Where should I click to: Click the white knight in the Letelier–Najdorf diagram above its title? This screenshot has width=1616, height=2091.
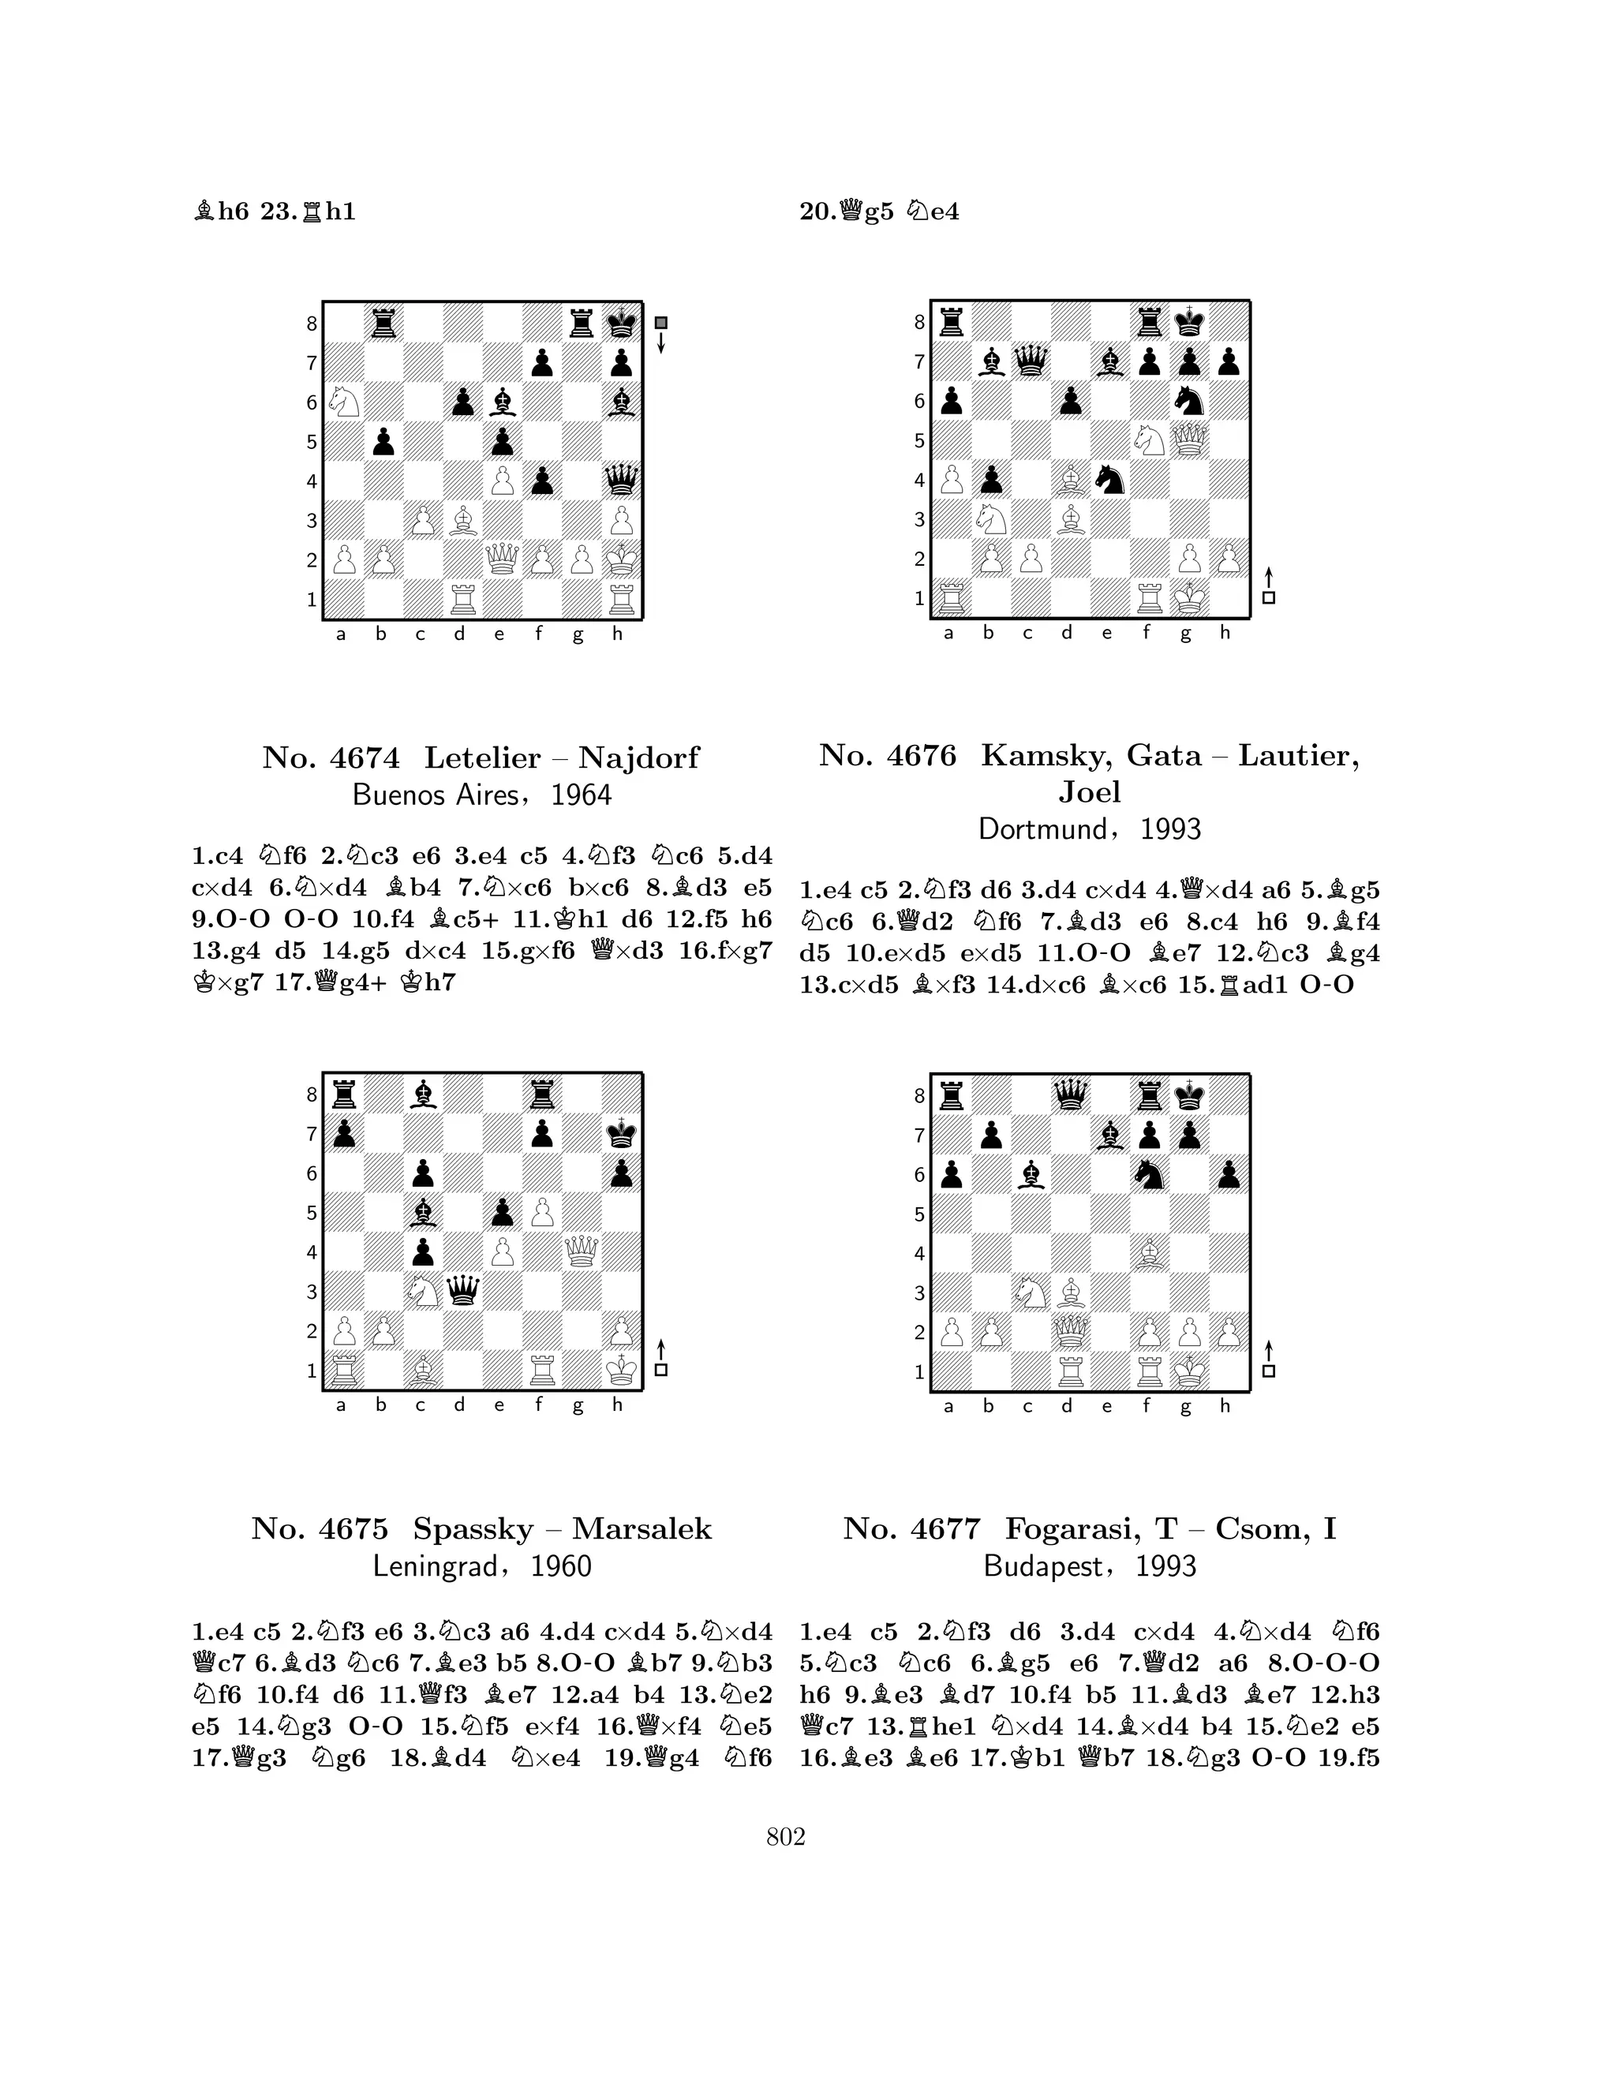pyautogui.click(x=342, y=402)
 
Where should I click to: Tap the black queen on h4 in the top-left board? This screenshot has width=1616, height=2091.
pyautogui.click(x=621, y=481)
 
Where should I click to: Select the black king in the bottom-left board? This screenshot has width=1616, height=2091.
pyautogui.click(x=621, y=1135)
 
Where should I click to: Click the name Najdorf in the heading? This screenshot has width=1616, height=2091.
pyautogui.click(x=638, y=758)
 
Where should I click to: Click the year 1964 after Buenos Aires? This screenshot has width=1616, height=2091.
pyautogui.click(x=582, y=795)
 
